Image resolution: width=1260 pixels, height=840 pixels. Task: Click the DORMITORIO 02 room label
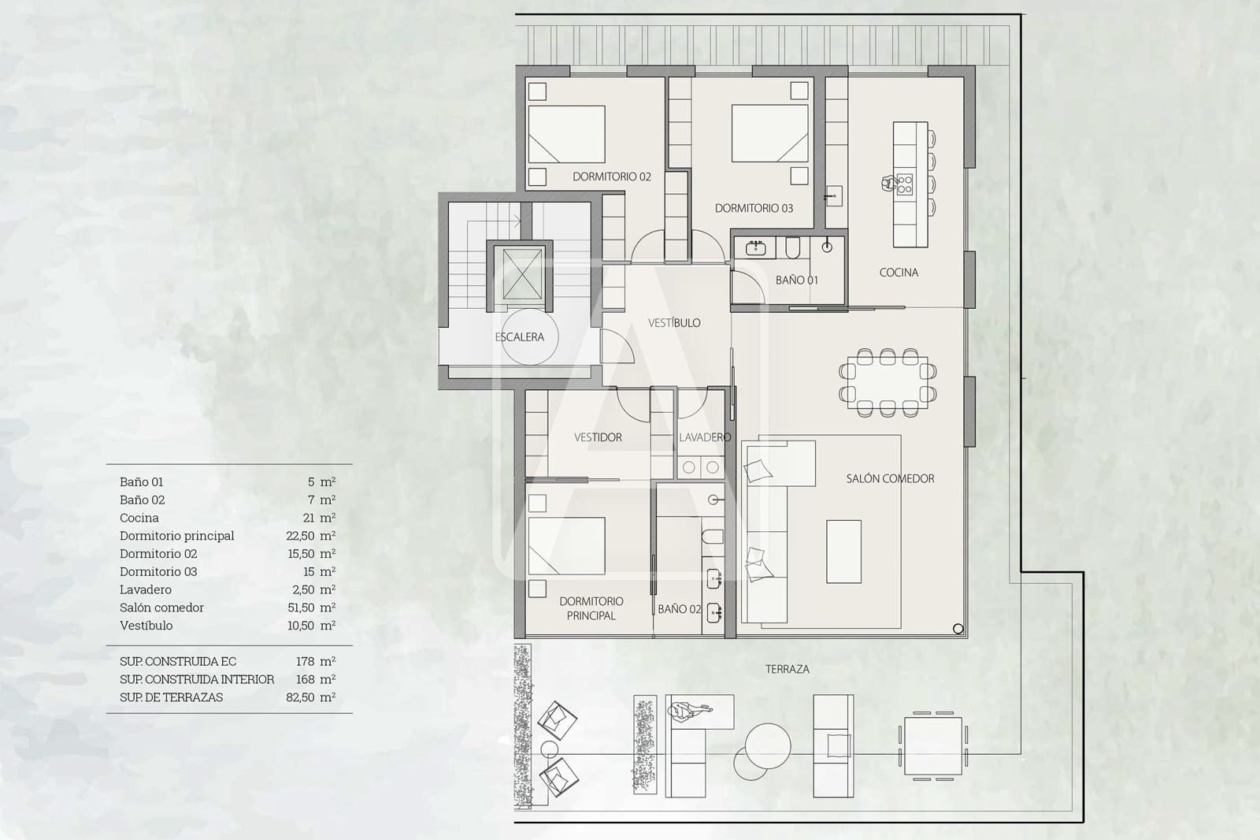(x=611, y=177)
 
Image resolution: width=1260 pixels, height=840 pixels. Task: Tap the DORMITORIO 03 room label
(x=754, y=208)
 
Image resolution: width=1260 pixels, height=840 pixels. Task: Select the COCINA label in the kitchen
(x=899, y=273)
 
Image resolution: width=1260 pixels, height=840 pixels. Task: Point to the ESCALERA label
(x=519, y=337)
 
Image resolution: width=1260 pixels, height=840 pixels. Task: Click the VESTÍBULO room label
(x=674, y=323)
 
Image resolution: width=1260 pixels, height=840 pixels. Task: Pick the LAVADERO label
(x=705, y=437)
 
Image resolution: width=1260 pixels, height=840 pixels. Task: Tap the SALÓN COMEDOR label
(x=890, y=478)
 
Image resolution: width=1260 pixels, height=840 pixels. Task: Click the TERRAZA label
(x=787, y=669)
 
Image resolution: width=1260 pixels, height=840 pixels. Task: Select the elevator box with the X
(x=523, y=274)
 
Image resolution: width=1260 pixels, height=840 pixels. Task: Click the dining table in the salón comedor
(x=888, y=382)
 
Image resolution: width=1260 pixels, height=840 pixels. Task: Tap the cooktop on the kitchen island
(x=905, y=184)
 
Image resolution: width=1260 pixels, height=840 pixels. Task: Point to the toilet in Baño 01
(x=792, y=249)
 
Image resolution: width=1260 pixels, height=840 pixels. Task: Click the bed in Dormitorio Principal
(x=566, y=545)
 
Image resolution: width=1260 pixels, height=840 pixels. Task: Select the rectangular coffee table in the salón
(x=843, y=551)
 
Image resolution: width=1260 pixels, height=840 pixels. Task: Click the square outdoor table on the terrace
(x=933, y=745)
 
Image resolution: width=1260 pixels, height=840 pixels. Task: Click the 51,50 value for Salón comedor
(x=301, y=608)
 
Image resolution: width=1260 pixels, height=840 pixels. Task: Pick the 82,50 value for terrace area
(x=301, y=697)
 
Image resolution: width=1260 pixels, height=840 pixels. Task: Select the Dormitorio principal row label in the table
(x=177, y=536)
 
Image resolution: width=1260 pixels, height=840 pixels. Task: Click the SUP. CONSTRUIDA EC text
(x=178, y=662)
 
